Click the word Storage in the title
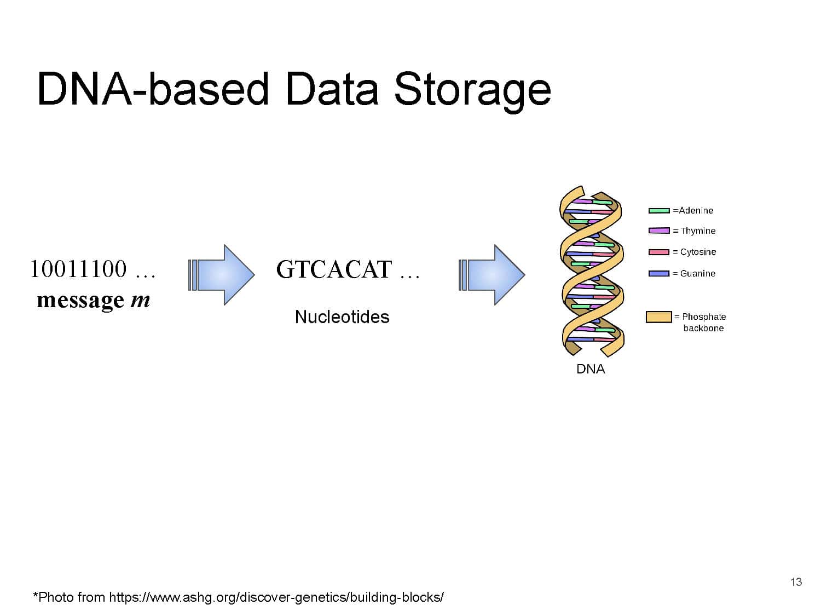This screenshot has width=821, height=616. [x=472, y=89]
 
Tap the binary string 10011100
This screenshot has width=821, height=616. [x=78, y=269]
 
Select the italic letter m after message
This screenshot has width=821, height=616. [x=140, y=300]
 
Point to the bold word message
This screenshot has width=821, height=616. [x=80, y=301]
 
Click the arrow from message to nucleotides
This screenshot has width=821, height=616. [x=221, y=274]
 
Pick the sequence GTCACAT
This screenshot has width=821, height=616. [x=334, y=269]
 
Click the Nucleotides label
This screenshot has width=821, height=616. [x=342, y=316]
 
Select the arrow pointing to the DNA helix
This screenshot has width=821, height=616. [x=492, y=274]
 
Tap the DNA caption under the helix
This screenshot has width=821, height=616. [x=591, y=369]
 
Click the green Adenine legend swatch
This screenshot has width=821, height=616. [x=659, y=211]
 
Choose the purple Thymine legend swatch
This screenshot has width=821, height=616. [x=659, y=231]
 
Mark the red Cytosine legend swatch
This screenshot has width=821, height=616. [x=659, y=252]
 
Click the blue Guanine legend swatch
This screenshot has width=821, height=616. [x=659, y=273]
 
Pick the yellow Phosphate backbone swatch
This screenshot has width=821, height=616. [x=658, y=316]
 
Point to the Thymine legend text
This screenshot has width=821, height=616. [x=698, y=231]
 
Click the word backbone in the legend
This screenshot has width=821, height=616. [x=703, y=328]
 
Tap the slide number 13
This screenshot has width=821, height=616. [x=796, y=582]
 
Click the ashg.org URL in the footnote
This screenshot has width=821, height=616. [x=276, y=597]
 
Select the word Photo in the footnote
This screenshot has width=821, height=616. [x=56, y=597]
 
